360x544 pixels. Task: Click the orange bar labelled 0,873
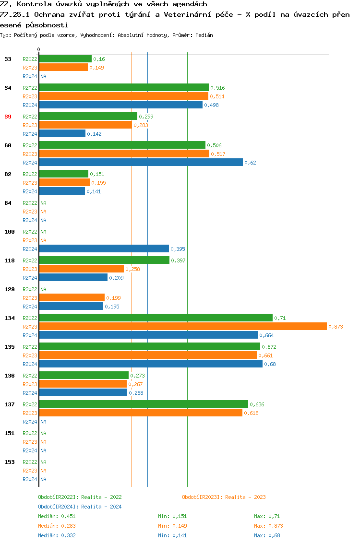[x=183, y=327]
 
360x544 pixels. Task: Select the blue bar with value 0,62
[x=141, y=163]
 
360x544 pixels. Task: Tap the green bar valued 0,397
[x=104, y=260]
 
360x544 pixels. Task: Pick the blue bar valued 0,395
[x=104, y=249]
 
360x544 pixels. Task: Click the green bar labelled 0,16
[x=65, y=59]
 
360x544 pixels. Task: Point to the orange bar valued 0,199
[x=72, y=298]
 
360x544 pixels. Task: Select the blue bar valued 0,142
[x=62, y=134]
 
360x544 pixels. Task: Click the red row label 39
[x=8, y=117]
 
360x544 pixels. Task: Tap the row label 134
[x=10, y=318]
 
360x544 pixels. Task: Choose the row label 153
[x=10, y=462]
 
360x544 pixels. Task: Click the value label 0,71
[x=280, y=318]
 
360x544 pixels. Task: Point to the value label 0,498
[x=212, y=105]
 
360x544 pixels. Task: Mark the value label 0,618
[x=251, y=413]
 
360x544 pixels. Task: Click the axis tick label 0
[x=39, y=49]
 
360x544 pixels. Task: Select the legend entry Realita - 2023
[x=224, y=497]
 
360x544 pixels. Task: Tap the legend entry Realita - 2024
[x=80, y=507]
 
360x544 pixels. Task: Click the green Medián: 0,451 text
[x=57, y=516]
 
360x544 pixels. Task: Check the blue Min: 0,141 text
[x=172, y=535]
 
